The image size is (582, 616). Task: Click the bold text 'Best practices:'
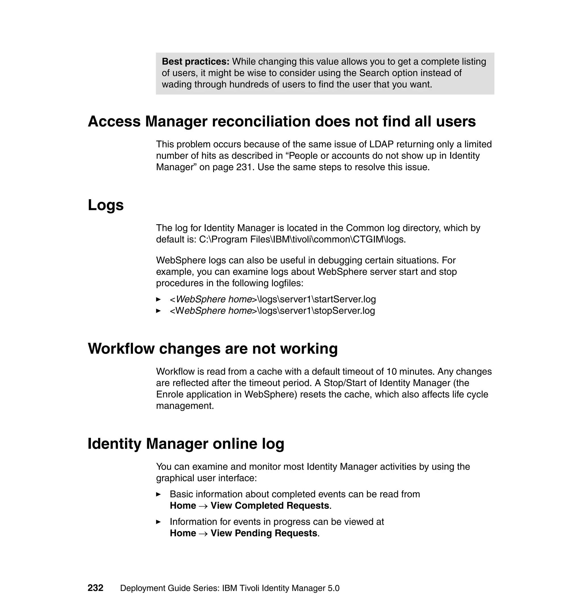(196, 62)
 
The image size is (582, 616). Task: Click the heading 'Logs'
(105, 205)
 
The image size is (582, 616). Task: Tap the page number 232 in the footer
(95, 588)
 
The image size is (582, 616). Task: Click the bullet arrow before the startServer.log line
(158, 299)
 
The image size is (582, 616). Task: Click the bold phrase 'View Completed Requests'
(270, 505)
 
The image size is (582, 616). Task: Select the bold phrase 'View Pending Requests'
(264, 533)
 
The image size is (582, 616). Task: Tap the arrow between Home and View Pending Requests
(203, 534)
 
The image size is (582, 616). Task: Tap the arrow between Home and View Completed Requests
(203, 506)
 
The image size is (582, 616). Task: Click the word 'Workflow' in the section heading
(121, 349)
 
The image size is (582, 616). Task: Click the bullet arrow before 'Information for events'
(158, 522)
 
